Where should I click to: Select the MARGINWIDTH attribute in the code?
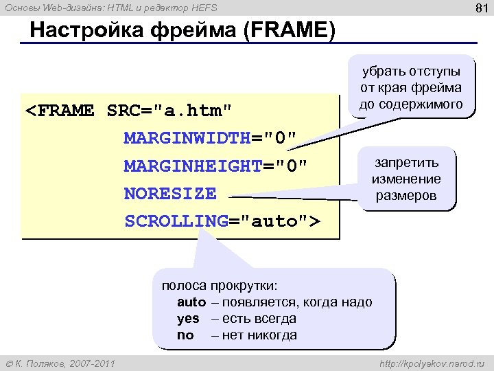[x=187, y=139]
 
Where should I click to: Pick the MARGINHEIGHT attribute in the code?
[x=192, y=166]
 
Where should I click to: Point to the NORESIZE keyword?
[x=169, y=194]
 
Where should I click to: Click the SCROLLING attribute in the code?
[x=176, y=221]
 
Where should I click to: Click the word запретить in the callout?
[x=406, y=163]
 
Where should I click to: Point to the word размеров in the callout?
[x=406, y=195]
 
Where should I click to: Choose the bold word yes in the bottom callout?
[x=188, y=319]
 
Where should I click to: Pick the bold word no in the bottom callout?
[x=185, y=335]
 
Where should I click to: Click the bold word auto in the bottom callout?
[x=191, y=302]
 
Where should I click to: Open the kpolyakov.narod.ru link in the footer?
[x=431, y=362]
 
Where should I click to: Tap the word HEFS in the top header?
[x=202, y=8]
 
